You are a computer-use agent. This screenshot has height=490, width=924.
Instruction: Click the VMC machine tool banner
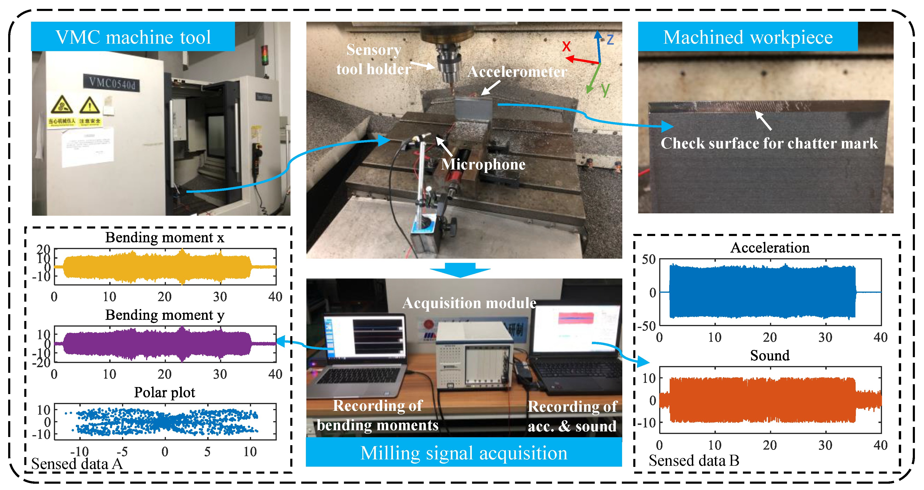(x=133, y=37)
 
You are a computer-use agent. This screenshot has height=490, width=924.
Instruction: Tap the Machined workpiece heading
(x=748, y=37)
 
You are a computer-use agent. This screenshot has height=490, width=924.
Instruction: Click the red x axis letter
(x=566, y=46)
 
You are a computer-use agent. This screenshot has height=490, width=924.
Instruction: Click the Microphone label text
(x=483, y=164)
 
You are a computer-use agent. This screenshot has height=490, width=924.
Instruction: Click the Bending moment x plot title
(x=165, y=238)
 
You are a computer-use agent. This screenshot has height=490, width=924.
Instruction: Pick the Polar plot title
(x=165, y=392)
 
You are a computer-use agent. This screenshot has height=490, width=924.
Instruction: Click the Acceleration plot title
(x=770, y=248)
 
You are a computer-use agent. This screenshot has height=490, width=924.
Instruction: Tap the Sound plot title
(x=770, y=355)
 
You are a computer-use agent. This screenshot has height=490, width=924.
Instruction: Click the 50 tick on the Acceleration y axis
(x=648, y=260)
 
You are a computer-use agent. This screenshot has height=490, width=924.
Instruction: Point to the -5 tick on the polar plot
(x=122, y=451)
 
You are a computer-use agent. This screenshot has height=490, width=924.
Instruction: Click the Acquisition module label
(x=469, y=303)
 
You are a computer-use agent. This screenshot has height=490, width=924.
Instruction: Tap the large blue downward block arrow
(x=460, y=270)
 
